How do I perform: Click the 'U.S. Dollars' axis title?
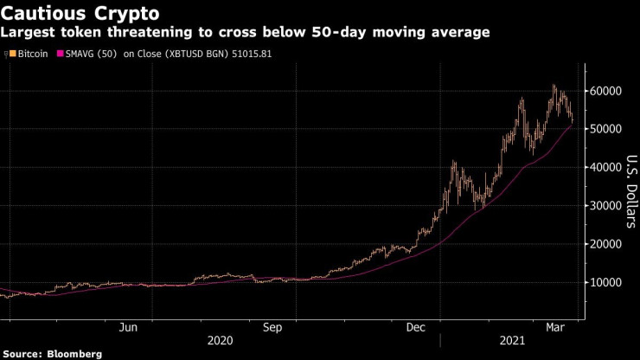[630, 191]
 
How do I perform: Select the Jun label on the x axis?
[129, 327]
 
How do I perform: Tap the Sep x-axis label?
[272, 327]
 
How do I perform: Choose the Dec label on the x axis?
[416, 327]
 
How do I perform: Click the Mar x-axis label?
[556, 327]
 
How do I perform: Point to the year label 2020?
[221, 341]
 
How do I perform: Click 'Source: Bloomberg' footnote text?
[52, 353]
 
